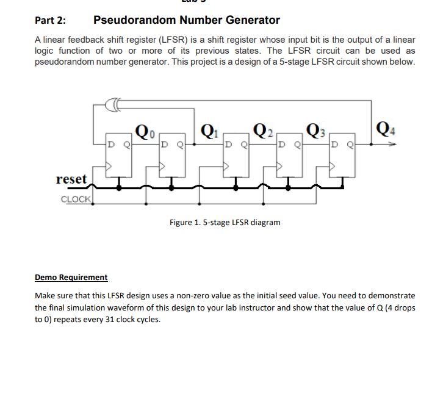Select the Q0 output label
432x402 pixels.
pos(144,131)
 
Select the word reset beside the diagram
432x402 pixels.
pos(71,179)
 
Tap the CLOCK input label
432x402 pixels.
pos(76,199)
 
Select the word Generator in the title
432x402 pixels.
pos(251,20)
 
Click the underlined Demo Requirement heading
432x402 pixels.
pos(71,277)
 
